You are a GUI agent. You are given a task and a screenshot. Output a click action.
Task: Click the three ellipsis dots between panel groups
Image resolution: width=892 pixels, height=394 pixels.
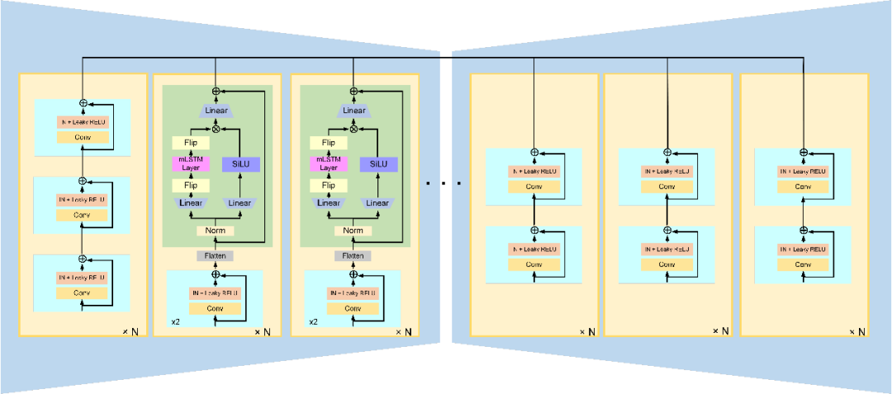pyautogui.click(x=444, y=183)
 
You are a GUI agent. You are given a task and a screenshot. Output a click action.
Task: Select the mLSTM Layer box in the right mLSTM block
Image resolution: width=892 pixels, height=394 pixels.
pyautogui.click(x=329, y=164)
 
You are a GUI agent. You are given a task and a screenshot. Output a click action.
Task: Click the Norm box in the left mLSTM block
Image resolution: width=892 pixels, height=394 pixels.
pyautogui.click(x=216, y=230)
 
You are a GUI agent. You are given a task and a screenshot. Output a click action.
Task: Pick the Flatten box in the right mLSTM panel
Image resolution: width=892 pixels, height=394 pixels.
pyautogui.click(x=353, y=256)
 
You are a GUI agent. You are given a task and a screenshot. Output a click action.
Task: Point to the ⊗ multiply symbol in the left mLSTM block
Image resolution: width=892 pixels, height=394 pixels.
pyautogui.click(x=216, y=128)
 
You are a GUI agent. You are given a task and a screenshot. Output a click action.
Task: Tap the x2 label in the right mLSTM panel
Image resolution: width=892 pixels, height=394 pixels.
pyautogui.click(x=314, y=322)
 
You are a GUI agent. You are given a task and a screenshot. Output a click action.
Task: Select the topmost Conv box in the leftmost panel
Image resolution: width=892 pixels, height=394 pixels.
pyautogui.click(x=82, y=137)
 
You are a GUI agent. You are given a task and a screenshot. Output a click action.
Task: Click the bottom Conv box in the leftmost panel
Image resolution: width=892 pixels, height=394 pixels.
pyautogui.click(x=82, y=292)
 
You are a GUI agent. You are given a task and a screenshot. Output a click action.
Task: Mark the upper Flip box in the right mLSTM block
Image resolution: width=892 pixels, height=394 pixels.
pyautogui.click(x=329, y=143)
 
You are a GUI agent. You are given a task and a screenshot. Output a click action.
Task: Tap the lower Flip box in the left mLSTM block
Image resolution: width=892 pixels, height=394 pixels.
pyautogui.click(x=191, y=186)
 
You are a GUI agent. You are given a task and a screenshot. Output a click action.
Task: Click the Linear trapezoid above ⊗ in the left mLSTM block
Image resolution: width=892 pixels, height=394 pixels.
pyautogui.click(x=216, y=111)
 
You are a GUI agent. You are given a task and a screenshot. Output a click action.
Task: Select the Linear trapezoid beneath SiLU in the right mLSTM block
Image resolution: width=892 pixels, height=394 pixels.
pyautogui.click(x=377, y=203)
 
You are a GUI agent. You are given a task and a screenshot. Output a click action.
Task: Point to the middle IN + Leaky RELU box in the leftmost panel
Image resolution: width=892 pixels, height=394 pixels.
pyautogui.click(x=82, y=199)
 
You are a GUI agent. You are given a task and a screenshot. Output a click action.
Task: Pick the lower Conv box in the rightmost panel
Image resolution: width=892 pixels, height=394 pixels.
pyautogui.click(x=803, y=265)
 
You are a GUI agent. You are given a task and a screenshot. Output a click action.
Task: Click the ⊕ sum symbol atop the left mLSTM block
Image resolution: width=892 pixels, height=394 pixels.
pyautogui.click(x=216, y=91)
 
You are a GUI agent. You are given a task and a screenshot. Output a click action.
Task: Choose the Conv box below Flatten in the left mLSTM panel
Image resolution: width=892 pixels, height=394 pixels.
pyautogui.click(x=215, y=308)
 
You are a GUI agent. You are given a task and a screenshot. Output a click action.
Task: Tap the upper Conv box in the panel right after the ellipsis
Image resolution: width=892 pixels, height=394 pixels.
pyautogui.click(x=533, y=187)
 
